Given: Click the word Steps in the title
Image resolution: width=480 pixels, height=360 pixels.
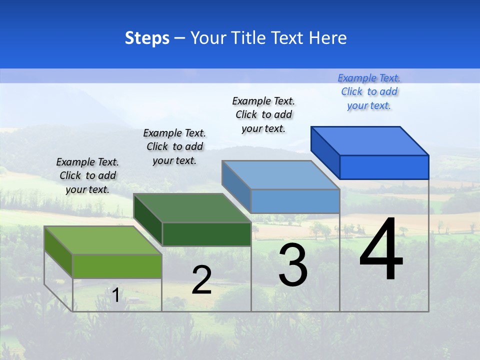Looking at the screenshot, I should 147,38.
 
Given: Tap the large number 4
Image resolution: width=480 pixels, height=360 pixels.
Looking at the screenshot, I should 381,250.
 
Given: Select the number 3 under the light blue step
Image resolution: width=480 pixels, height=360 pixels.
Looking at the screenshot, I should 293,265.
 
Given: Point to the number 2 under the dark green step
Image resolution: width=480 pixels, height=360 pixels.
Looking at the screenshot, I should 201,280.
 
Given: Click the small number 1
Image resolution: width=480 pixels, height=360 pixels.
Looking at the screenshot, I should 115,295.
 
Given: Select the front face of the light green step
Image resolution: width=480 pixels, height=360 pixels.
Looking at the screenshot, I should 117,266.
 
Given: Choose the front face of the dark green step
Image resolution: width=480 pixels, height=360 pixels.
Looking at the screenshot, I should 206,234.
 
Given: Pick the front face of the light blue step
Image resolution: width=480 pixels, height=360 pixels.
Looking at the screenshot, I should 295,201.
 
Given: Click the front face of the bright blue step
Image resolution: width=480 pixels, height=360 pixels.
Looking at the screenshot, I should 384,167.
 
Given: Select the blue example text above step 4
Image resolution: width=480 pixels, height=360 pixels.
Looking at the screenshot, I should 369,92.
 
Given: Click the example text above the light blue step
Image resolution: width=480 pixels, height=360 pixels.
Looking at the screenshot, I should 263,114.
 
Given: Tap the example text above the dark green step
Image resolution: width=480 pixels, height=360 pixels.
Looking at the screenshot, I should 174,146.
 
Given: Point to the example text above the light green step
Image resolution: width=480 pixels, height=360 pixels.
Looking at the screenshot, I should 87,175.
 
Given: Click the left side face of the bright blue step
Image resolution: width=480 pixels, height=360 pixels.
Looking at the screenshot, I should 325,152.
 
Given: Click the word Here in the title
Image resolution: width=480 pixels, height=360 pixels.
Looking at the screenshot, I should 328,38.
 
